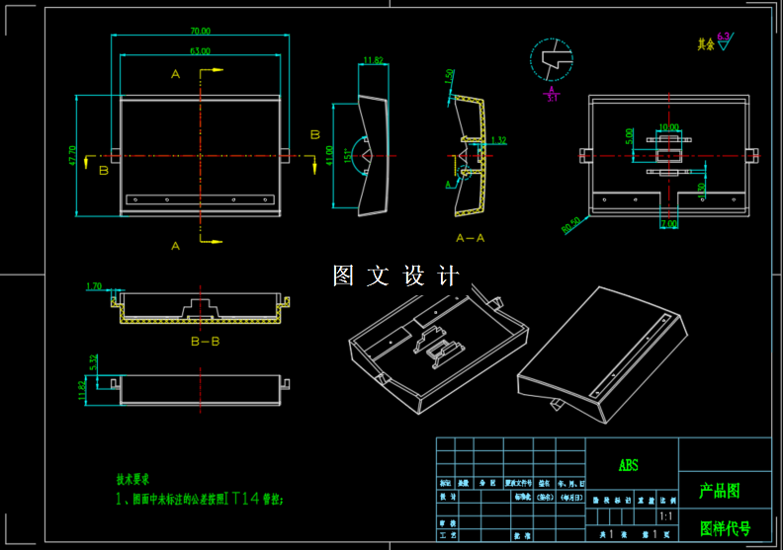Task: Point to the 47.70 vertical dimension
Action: point(72,156)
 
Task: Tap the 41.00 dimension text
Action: point(329,155)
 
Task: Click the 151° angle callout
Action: point(347,155)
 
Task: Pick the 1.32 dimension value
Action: point(498,140)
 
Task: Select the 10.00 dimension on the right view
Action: point(669,127)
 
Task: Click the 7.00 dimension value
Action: point(669,224)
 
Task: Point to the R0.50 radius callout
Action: point(571,227)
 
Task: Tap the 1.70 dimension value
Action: point(95,286)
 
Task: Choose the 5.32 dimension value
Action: point(93,362)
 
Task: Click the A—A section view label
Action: point(471,238)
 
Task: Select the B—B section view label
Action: point(206,341)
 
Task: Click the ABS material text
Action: point(629,465)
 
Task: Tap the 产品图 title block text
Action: point(720,490)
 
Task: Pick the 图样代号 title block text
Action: point(725,528)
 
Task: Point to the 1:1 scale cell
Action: point(666,515)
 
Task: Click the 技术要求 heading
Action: point(133,479)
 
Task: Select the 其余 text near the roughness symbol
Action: point(705,44)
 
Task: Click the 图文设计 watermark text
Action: point(396,275)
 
